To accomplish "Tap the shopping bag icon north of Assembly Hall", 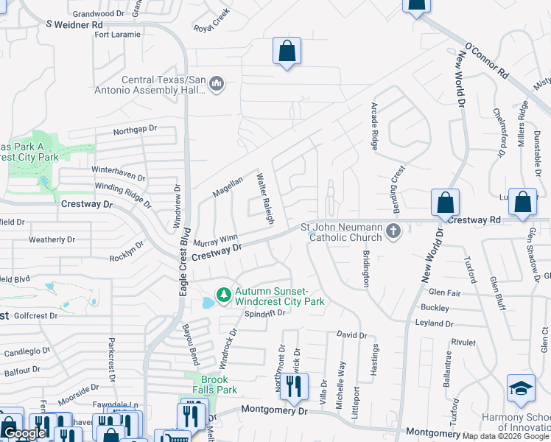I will click(x=287, y=52).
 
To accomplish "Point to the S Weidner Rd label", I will click(x=74, y=24).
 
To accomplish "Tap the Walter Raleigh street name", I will click(x=265, y=199).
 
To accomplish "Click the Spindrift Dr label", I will click(x=264, y=313).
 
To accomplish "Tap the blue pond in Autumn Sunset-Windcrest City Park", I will click(x=207, y=303).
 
